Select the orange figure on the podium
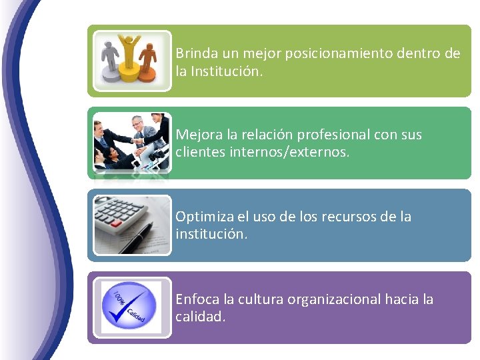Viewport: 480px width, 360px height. point(148,59)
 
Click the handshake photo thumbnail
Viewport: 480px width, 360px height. point(131,143)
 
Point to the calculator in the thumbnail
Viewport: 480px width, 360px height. point(123,220)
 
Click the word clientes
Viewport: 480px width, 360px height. point(199,152)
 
